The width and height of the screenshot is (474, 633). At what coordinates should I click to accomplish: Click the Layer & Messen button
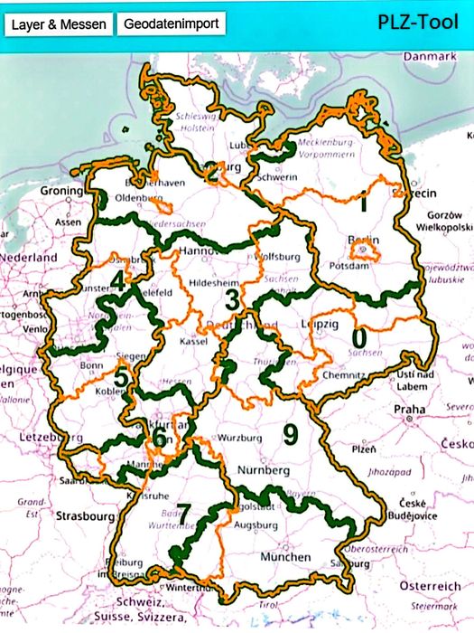click(59, 24)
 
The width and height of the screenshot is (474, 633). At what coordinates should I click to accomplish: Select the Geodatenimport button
click(171, 24)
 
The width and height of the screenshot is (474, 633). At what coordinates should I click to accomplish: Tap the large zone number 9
click(290, 435)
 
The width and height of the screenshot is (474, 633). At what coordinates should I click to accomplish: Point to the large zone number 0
click(359, 337)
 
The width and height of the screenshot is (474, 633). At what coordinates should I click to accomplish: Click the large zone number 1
click(362, 203)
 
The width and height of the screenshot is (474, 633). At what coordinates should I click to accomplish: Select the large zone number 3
click(232, 298)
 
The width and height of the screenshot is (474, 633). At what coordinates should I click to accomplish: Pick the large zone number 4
click(118, 281)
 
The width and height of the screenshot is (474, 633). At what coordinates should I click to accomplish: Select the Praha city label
click(411, 409)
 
